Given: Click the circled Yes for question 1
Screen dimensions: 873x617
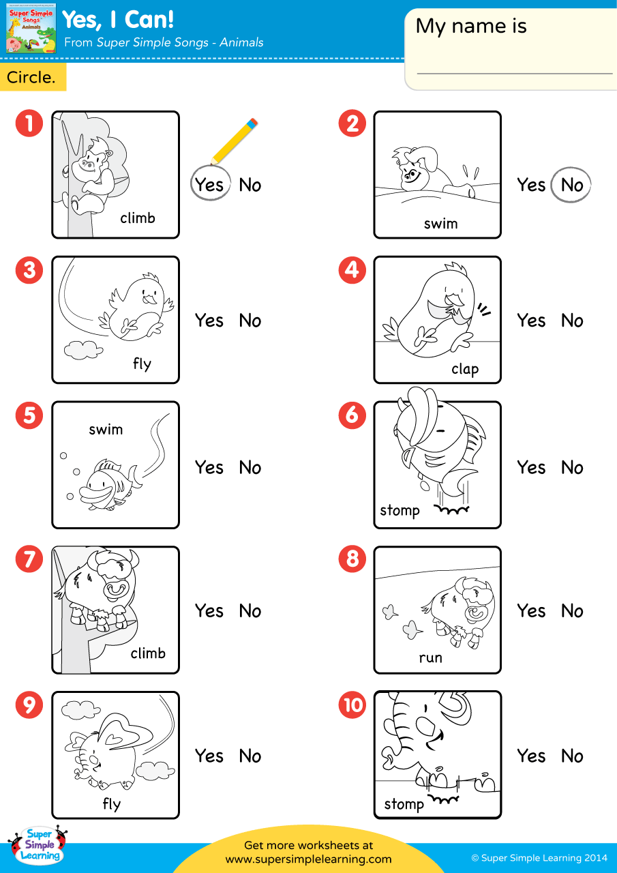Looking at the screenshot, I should [209, 185].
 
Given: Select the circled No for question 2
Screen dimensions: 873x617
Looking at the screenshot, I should [571, 185].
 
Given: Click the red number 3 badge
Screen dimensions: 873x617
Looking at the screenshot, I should [29, 270].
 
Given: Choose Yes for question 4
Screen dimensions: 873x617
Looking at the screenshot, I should [531, 321].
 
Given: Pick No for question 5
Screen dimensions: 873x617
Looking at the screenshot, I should [250, 468].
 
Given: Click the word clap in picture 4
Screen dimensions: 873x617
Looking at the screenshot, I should [465, 369].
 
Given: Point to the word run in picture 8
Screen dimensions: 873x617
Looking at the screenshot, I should [430, 658].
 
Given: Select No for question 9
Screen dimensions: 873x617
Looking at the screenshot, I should [250, 756].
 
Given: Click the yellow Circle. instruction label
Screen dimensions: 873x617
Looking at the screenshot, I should [32, 78].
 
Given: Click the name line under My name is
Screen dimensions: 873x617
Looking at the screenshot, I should [515, 72].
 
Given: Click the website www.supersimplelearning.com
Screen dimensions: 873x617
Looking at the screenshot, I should [308, 859].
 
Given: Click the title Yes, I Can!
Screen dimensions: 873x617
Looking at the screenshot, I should [118, 20].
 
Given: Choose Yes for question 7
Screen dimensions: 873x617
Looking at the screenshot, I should [209, 611].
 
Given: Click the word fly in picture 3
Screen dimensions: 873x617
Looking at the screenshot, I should [142, 364].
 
